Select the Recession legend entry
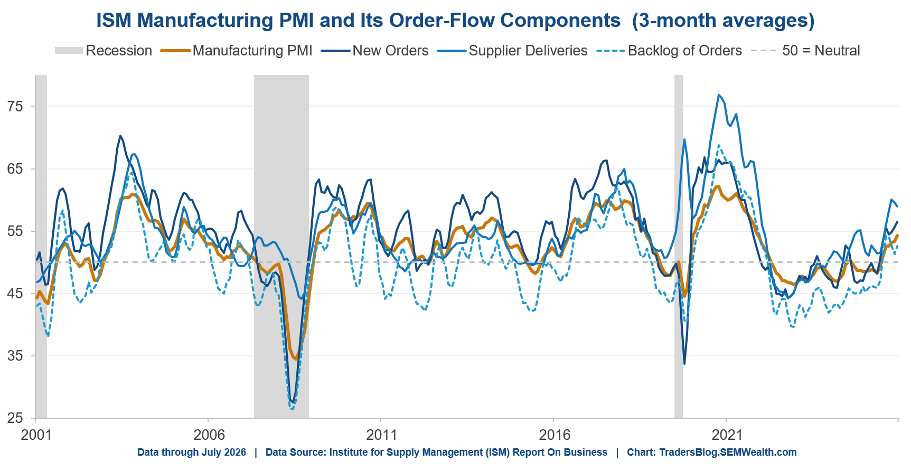tap(104, 51)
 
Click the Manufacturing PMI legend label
tap(252, 51)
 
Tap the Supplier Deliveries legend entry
tap(513, 51)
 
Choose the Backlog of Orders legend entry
tap(669, 51)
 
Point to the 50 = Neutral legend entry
tap(806, 51)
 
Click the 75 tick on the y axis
tap(15, 107)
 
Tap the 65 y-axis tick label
tap(15, 169)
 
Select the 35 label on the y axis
tap(15, 356)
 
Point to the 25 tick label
tap(15, 418)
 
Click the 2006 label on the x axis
tap(209, 435)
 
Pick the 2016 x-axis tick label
tap(555, 435)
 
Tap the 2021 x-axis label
tap(727, 435)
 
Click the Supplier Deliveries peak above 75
tap(719, 95)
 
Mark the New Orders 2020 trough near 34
tap(684, 364)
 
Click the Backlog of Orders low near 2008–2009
tap(292, 408)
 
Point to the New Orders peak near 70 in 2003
tap(120, 136)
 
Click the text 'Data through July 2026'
tap(192, 453)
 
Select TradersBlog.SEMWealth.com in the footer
tap(728, 453)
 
